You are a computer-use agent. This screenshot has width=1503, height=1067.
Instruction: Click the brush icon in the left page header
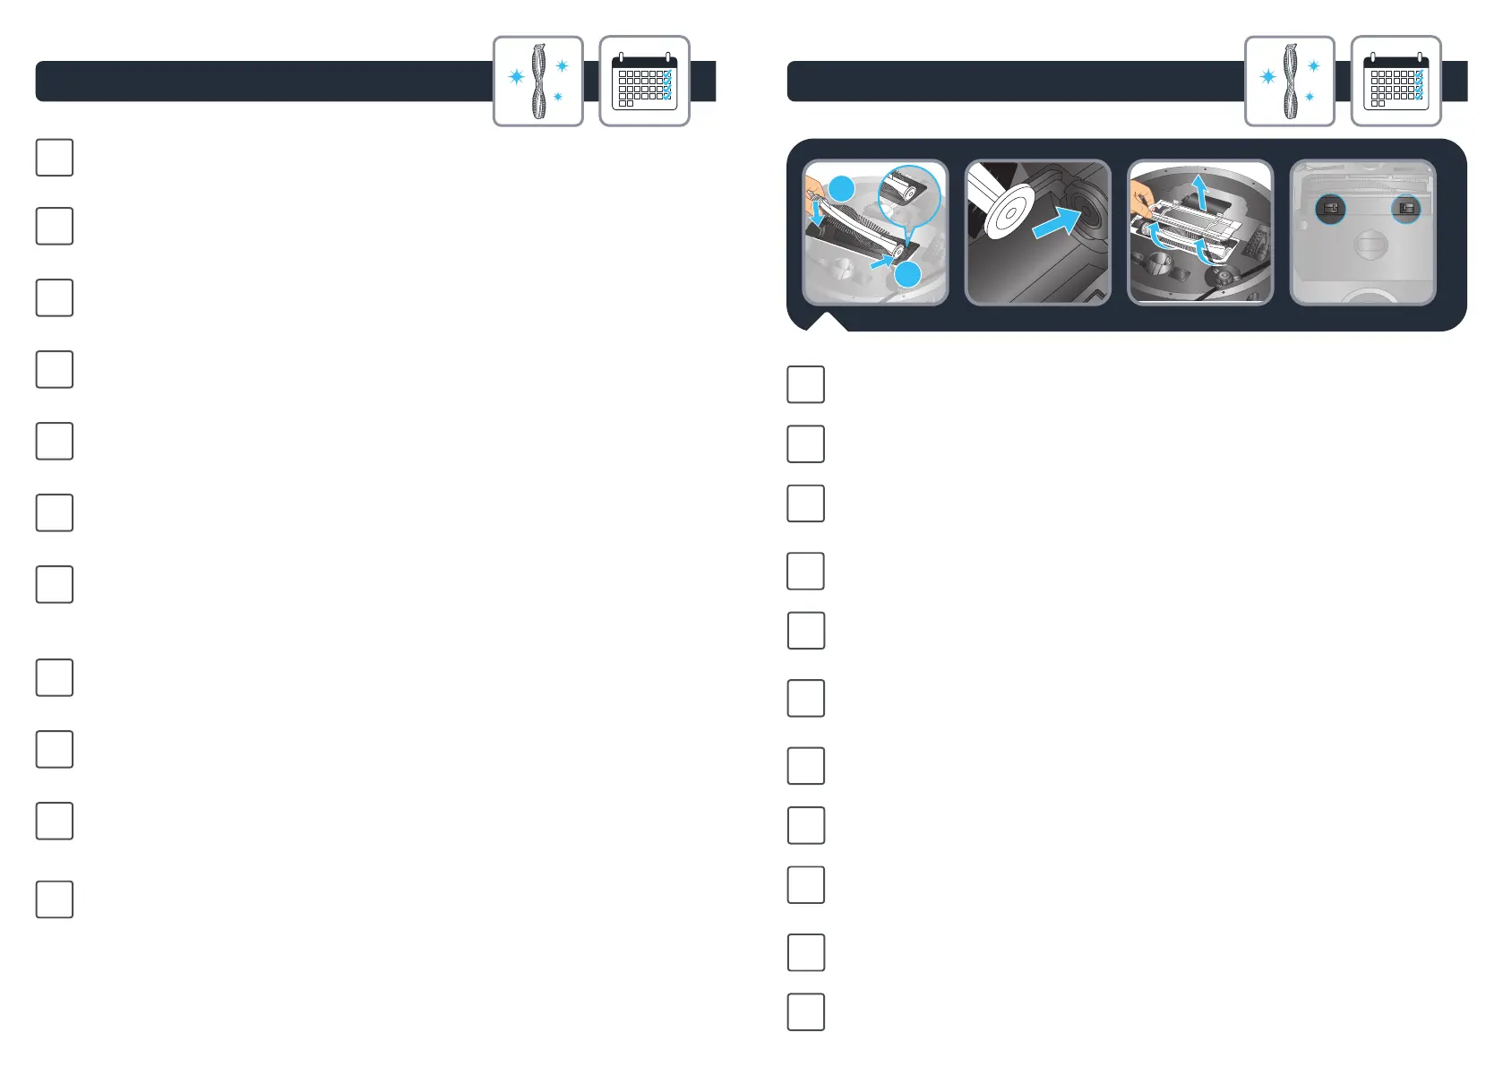[537, 82]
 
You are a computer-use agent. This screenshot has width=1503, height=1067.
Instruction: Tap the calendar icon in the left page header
[644, 82]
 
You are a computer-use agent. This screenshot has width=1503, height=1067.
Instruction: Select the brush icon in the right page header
[1289, 82]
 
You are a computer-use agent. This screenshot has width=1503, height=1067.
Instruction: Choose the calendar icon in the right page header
[1396, 82]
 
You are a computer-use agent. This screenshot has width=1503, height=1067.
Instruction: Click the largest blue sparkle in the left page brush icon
[517, 77]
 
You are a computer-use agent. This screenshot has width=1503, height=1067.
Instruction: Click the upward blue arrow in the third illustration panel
[1200, 191]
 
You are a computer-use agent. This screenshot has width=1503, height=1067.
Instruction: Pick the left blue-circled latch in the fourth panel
[1330, 209]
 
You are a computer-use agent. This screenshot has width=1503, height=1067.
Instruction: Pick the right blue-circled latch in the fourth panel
[1406, 209]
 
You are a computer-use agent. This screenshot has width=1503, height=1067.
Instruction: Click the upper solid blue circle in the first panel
[842, 189]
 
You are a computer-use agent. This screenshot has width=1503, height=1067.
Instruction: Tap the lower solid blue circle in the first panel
[907, 274]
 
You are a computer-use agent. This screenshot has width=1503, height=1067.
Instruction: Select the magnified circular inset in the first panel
[909, 196]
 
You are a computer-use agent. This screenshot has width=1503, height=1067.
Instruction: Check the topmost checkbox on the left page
[54, 158]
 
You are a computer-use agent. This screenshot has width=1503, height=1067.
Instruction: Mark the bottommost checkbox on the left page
[54, 899]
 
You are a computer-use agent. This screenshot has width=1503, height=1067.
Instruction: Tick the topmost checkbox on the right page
[805, 384]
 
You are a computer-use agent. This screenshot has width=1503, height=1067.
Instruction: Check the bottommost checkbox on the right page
[805, 1012]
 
